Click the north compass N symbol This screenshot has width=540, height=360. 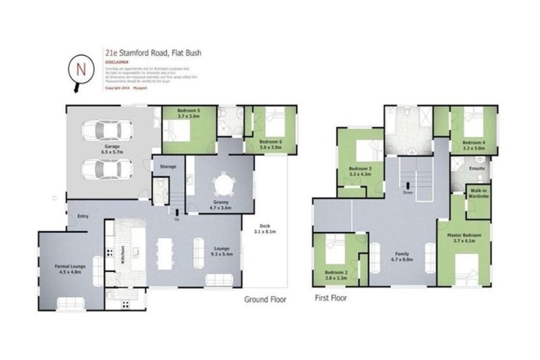pyautogui.click(x=81, y=70)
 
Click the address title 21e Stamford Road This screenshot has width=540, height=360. pyautogui.click(x=144, y=53)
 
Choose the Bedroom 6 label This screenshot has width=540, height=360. pyautogui.click(x=270, y=144)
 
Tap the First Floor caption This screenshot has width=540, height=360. pyautogui.click(x=330, y=298)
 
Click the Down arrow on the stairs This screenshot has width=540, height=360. pyautogui.click(x=409, y=190)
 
